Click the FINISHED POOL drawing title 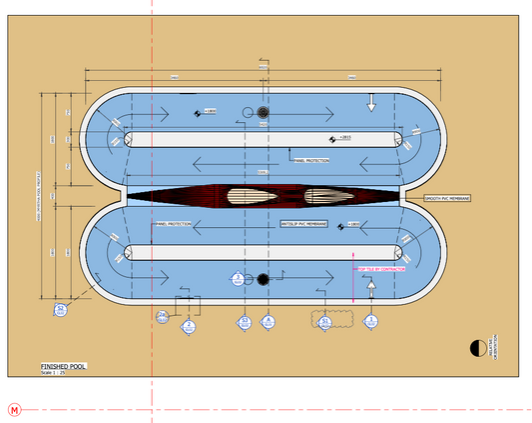[63, 366]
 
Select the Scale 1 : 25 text [54, 373]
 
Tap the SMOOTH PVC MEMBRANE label [446, 199]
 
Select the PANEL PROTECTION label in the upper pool [311, 159]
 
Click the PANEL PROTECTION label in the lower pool [171, 224]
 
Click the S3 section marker [244, 322]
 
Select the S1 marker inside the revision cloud [324, 322]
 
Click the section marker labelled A [267, 322]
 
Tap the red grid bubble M [13, 409]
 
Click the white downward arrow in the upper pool [370, 101]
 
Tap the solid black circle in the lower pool [263, 279]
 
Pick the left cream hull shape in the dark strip [247, 196]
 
